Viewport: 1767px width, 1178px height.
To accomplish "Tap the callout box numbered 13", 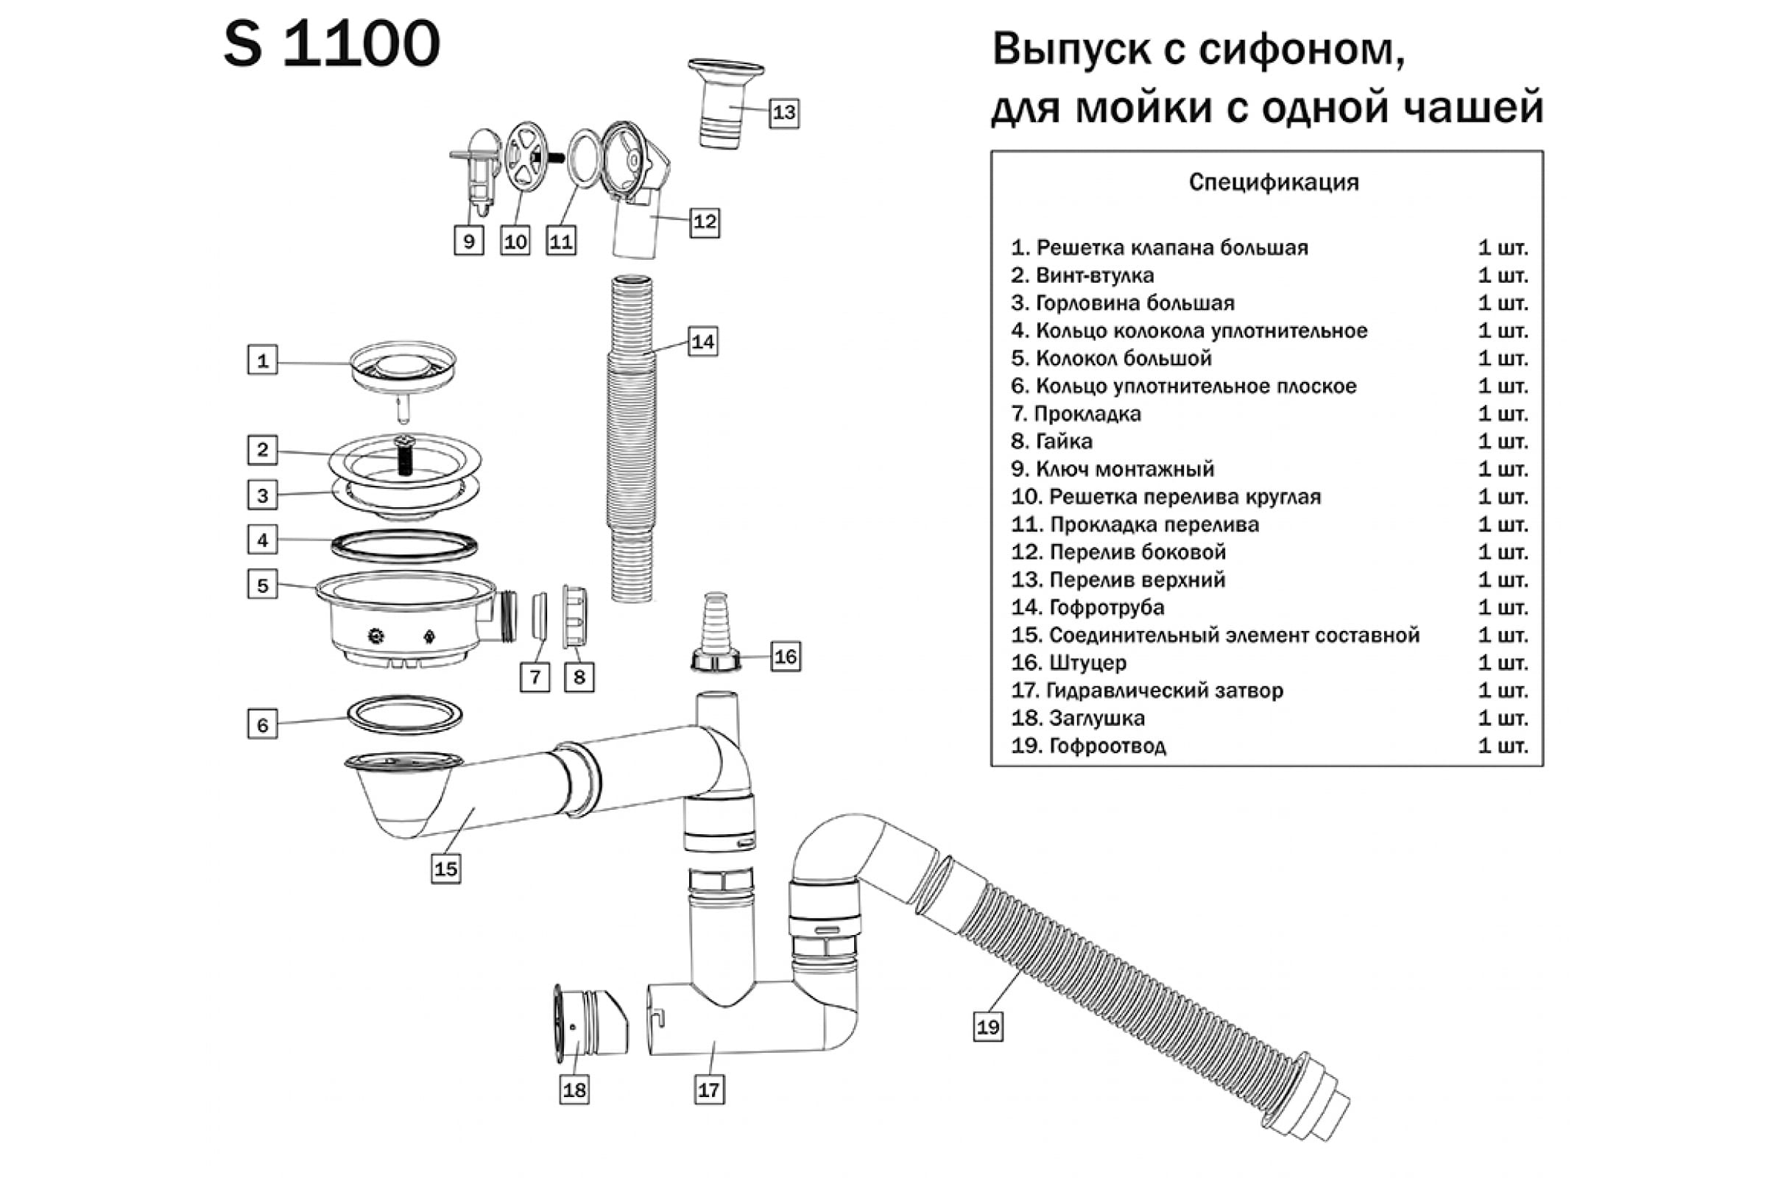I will (x=783, y=113).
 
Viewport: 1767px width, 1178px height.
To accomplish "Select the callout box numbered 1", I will (x=262, y=360).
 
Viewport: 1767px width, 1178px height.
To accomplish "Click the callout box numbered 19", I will (x=988, y=1026).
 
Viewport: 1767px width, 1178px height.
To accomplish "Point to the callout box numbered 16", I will (x=785, y=656).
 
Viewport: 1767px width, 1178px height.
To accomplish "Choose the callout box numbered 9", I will (x=469, y=241).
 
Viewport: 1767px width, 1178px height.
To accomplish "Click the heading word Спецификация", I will (x=1274, y=183).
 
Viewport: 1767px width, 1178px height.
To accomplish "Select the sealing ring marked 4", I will (x=404, y=546).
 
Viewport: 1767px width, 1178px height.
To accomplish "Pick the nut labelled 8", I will (x=575, y=617).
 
